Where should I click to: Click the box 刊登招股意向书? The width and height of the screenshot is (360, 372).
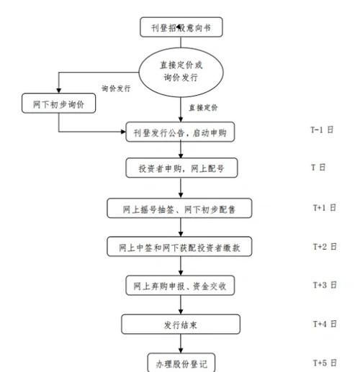pos(180,28)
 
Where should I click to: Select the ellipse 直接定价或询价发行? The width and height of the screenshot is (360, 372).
pos(180,71)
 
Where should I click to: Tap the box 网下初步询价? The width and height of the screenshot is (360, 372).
pos(58,103)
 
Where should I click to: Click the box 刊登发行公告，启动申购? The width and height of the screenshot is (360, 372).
pos(180,132)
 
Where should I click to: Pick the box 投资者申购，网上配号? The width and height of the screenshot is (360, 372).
pos(180,168)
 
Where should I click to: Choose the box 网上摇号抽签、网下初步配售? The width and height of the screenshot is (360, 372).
pos(180,209)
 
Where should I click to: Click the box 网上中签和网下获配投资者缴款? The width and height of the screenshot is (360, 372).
pos(180,248)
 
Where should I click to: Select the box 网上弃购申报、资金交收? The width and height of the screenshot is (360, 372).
pos(180,286)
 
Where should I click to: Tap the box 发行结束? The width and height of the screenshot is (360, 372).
pos(180,325)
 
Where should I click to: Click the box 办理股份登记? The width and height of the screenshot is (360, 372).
pos(180,362)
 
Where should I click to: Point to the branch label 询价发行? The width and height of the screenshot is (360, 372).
pos(116,89)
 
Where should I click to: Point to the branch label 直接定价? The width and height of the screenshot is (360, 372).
pos(204,107)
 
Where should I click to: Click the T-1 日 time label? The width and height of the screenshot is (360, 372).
pos(322,130)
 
